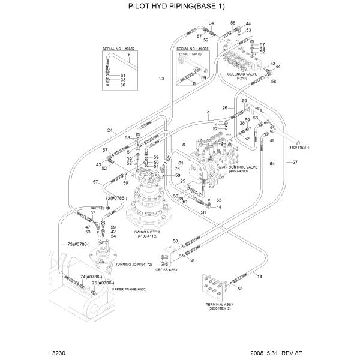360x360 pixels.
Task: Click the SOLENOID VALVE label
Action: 242,74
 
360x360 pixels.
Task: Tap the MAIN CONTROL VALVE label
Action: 243,167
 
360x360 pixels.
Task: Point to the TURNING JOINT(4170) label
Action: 134,264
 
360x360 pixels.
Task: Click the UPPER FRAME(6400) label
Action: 129,289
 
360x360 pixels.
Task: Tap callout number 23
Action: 161,79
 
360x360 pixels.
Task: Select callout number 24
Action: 110,130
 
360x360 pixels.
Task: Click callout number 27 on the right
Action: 295,162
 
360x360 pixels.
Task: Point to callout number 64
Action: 272,163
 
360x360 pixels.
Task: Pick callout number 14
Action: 260,276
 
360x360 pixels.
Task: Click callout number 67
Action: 95,182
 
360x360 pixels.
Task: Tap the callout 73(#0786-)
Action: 78,244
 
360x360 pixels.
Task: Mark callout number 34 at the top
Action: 211,23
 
